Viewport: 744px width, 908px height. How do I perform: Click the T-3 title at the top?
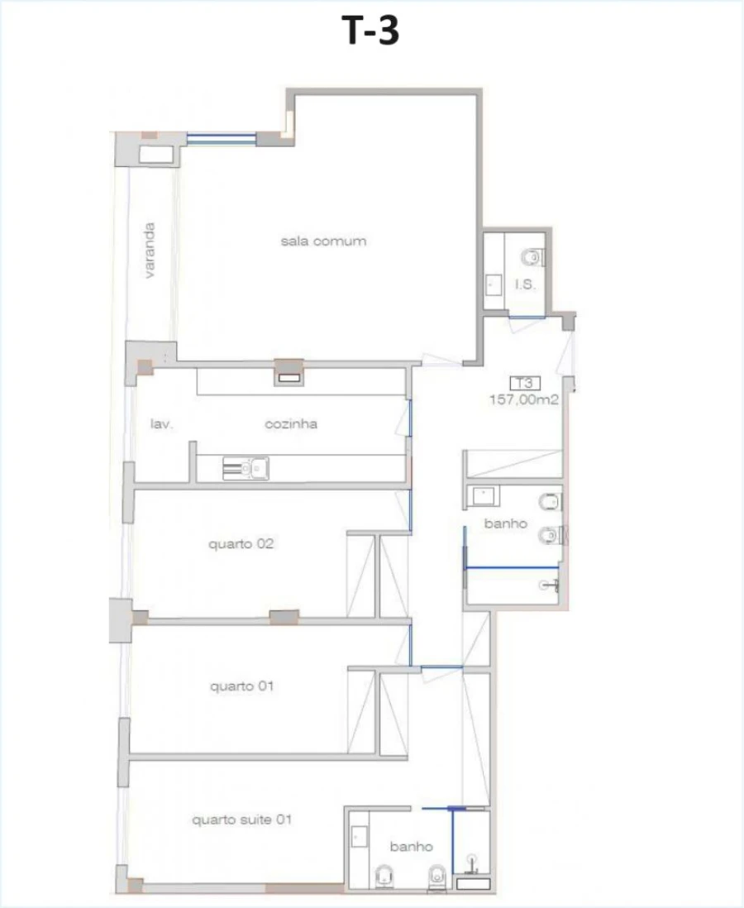tap(371, 31)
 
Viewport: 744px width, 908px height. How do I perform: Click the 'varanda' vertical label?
tap(150, 250)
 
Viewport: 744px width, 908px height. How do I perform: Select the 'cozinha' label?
tap(291, 424)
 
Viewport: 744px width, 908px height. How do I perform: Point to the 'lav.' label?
tap(160, 424)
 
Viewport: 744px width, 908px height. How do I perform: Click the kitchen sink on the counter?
tap(246, 469)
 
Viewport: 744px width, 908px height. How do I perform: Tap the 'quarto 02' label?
tap(241, 545)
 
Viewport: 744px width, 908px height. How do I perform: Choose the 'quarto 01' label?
tap(241, 686)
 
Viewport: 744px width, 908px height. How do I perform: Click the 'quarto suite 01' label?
tap(241, 820)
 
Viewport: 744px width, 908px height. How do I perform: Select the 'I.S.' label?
tap(527, 284)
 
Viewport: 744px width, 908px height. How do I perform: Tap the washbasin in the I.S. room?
tap(494, 285)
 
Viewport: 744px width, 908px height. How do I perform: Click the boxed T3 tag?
tap(522, 383)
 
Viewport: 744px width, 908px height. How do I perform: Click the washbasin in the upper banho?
tap(482, 495)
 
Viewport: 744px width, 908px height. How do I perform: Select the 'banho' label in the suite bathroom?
tap(412, 847)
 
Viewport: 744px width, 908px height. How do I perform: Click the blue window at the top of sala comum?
tap(221, 139)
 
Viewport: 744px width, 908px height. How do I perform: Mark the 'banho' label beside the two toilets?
tap(505, 524)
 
